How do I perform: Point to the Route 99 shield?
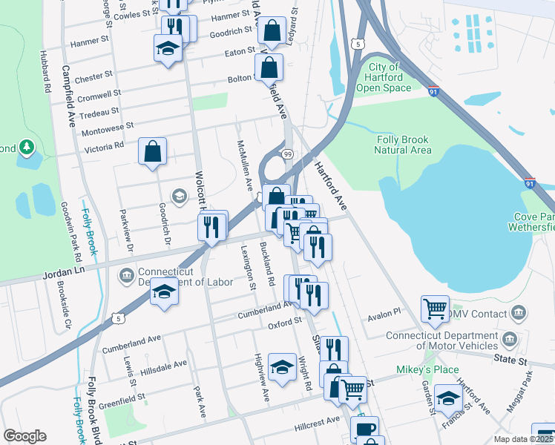click(286, 153)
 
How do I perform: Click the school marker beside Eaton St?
click(168, 49)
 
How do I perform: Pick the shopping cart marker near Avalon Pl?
click(434, 308)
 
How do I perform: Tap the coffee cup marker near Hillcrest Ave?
click(364, 429)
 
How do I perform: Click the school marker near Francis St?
click(447, 399)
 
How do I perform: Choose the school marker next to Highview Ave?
click(282, 366)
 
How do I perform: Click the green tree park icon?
click(27, 147)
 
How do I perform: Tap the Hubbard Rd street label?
click(46, 72)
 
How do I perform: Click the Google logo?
click(24, 436)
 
